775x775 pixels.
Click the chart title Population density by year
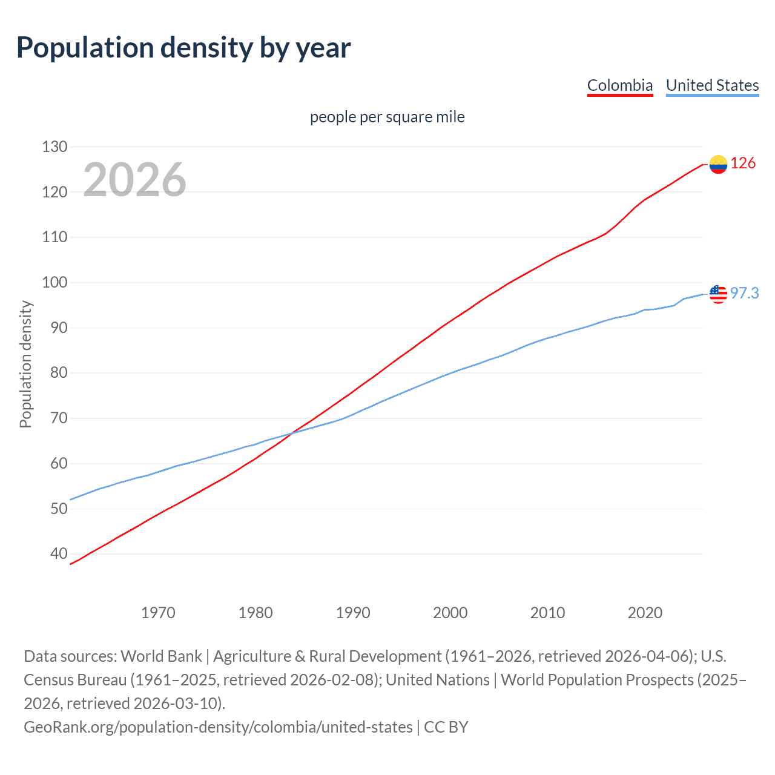click(x=183, y=48)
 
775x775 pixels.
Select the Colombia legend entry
click(x=620, y=85)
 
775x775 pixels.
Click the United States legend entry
click(x=712, y=85)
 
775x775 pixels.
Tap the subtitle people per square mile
click(x=387, y=117)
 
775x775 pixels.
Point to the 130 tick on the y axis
click(x=54, y=147)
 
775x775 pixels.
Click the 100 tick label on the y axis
click(x=54, y=282)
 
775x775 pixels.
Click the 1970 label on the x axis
click(x=158, y=613)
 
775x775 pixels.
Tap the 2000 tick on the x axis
click(x=450, y=613)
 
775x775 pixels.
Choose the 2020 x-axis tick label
click(x=645, y=613)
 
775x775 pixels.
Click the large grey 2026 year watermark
click(x=134, y=180)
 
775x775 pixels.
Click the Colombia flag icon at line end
click(x=718, y=164)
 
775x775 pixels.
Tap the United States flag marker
click(x=718, y=294)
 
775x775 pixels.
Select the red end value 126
click(x=743, y=163)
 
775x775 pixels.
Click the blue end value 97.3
click(x=744, y=293)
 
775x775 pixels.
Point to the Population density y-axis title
click(x=25, y=364)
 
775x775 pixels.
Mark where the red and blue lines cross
click(x=292, y=432)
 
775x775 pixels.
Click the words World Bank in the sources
click(x=161, y=656)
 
